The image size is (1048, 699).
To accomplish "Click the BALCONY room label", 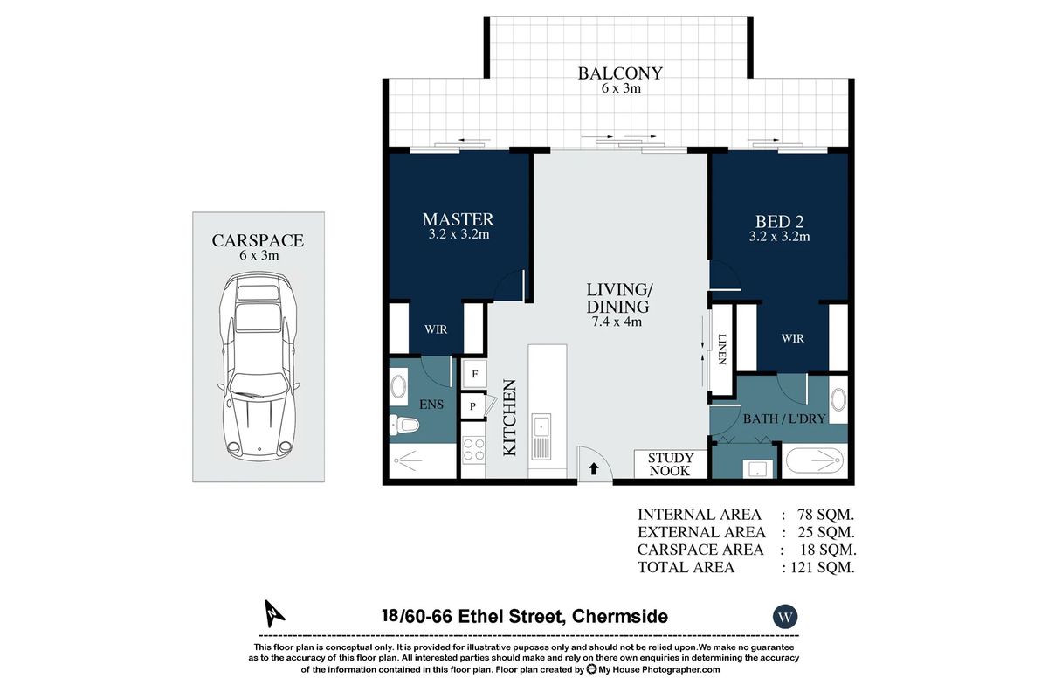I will [x=620, y=73].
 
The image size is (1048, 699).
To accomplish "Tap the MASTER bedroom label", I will [x=458, y=219].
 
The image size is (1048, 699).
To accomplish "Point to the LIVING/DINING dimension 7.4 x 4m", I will [x=617, y=322].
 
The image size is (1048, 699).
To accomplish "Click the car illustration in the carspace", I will [x=259, y=366].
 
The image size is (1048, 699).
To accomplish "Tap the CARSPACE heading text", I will [x=258, y=241].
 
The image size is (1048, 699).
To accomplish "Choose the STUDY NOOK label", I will [x=671, y=464].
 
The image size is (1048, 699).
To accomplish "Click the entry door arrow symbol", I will [x=594, y=468].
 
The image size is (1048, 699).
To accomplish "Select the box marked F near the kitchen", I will [x=474, y=373].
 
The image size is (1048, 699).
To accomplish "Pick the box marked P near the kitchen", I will [x=473, y=405].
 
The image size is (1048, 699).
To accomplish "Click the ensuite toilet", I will [x=406, y=426].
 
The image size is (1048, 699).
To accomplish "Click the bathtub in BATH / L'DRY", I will [x=815, y=460].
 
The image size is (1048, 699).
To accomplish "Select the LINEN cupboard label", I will [x=722, y=349].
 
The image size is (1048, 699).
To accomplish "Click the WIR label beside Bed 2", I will [x=792, y=338].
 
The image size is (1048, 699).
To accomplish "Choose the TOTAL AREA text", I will [x=686, y=567].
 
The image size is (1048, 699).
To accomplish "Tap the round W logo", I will [x=785, y=617].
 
